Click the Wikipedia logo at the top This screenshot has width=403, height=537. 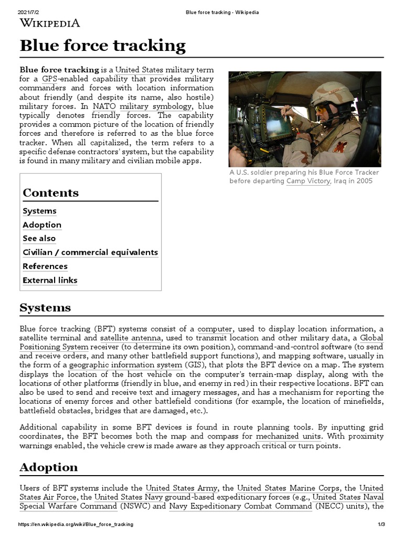pos(50,23)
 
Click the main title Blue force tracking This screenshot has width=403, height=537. pos(102,46)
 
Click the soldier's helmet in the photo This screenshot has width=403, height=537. pos(332,95)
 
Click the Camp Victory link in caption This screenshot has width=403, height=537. pos(309,181)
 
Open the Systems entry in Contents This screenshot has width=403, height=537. pos(39,211)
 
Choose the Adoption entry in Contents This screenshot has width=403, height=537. pos(42,224)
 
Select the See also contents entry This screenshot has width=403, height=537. pos(39,238)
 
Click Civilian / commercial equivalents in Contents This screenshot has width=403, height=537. pos(90,252)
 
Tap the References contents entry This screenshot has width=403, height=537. pos(45,266)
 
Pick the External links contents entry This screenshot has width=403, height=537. pos(50,280)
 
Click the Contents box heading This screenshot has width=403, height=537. pos(50,192)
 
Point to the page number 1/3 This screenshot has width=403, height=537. pos(381,524)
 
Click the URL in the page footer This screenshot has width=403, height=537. pos(76,524)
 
